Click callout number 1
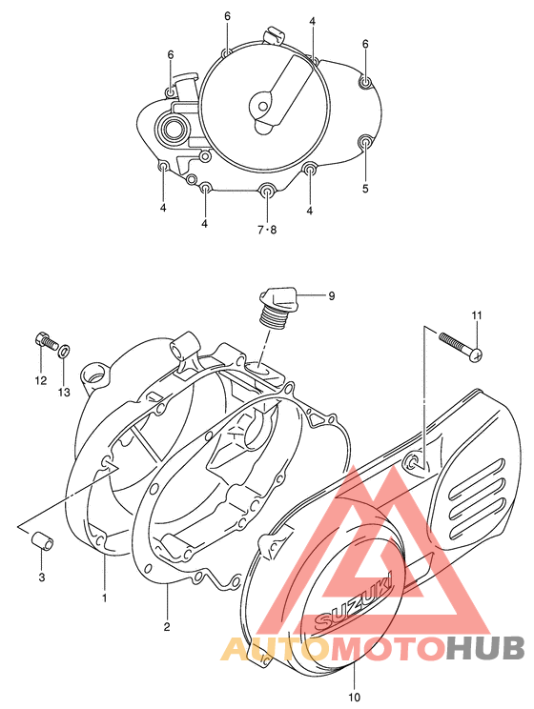[105, 598]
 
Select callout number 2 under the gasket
[166, 626]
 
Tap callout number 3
[42, 577]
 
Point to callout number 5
[365, 189]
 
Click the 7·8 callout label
[266, 230]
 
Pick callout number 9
[331, 296]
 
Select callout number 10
[355, 696]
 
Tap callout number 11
[477, 315]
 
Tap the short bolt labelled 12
[45, 340]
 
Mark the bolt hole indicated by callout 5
[364, 144]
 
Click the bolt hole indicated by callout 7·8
[267, 194]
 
